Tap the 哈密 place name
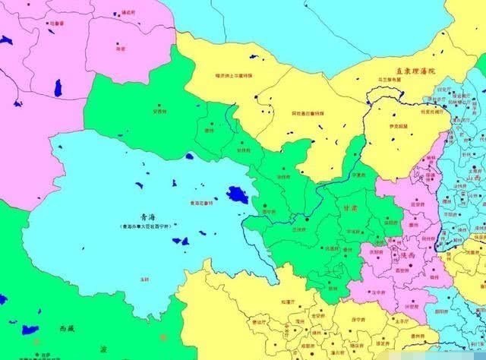click(121, 47)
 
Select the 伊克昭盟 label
click(397, 127)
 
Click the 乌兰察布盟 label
click(387, 78)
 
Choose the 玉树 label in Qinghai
click(144, 279)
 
